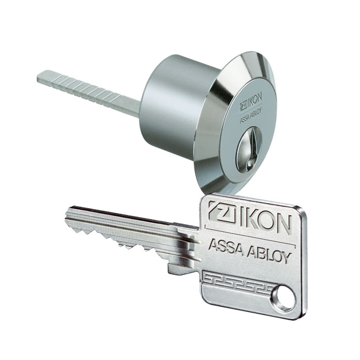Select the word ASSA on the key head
[226, 248]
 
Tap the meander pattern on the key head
[237, 281]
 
